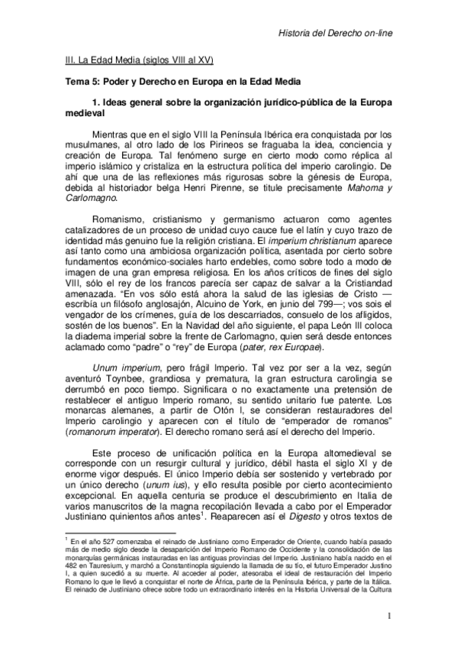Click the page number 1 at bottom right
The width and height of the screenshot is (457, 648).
coord(388,617)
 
